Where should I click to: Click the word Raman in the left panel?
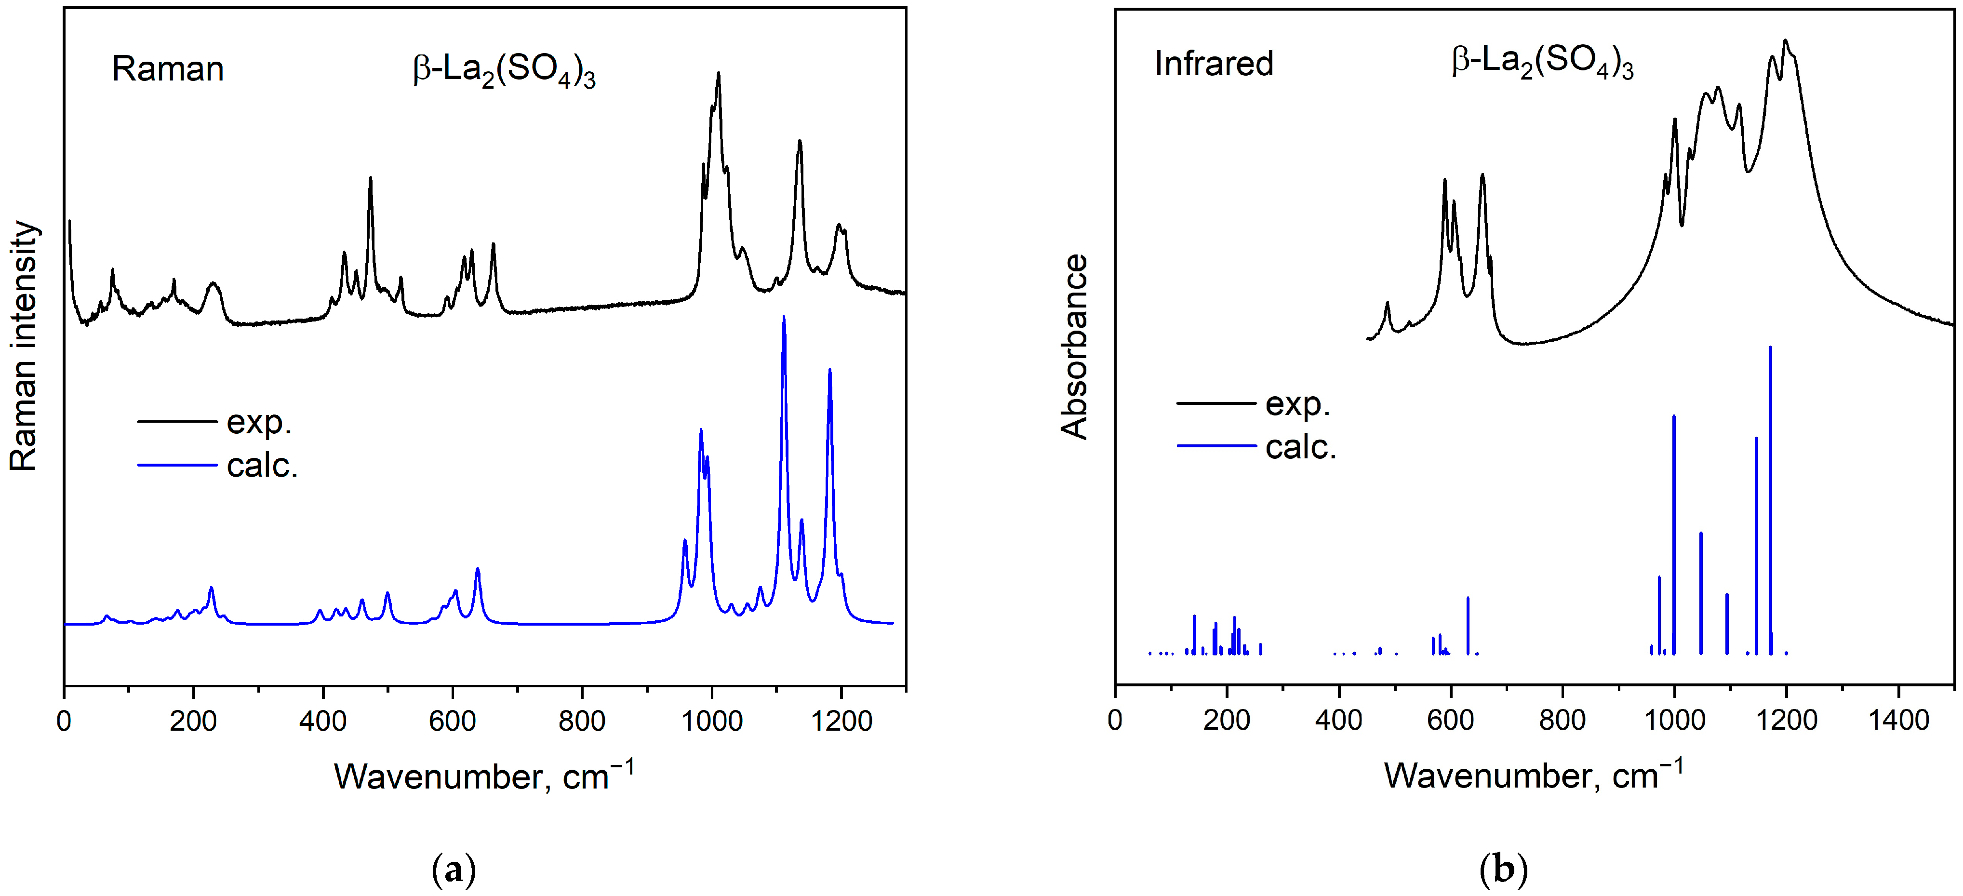point(168,69)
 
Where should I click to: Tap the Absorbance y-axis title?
point(1074,347)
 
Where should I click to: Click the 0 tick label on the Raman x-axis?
point(64,720)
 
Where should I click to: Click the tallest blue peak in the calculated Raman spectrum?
point(783,319)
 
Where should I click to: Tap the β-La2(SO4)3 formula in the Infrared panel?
point(1542,63)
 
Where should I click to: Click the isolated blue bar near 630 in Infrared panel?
point(1468,625)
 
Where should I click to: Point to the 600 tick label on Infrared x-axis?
point(1450,719)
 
